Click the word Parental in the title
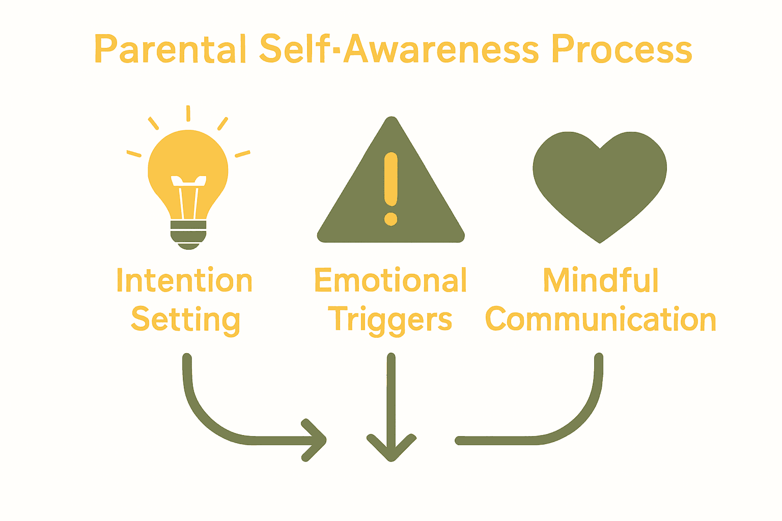pos(170,49)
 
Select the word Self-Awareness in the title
pos(399,49)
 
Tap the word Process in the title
pos(622,49)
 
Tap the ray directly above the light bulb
pos(188,113)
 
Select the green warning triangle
pos(356,214)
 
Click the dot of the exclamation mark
pos(390,219)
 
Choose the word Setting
pos(185,320)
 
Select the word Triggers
pos(390,320)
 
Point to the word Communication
pos(601,320)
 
